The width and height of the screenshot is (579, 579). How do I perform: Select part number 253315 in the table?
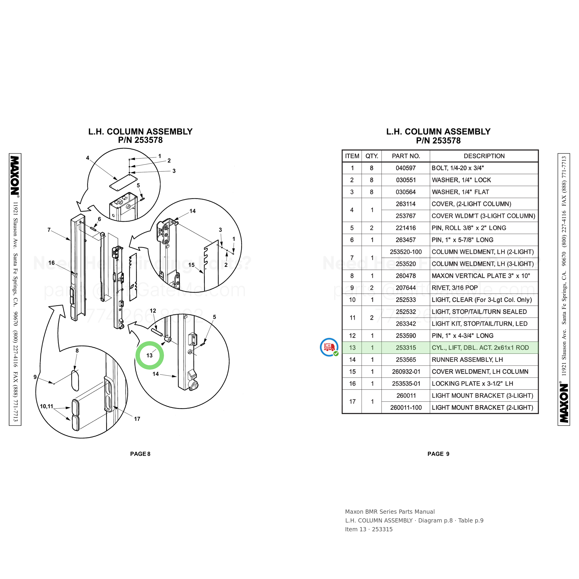pyautogui.click(x=406, y=348)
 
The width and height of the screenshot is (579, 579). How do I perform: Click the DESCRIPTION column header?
pyautogui.click(x=484, y=156)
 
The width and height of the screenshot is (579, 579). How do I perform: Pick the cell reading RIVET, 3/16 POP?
pyautogui.click(x=455, y=288)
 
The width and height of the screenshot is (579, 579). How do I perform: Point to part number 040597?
pyautogui.click(x=406, y=168)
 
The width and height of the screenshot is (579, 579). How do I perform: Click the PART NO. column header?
pyautogui.click(x=406, y=156)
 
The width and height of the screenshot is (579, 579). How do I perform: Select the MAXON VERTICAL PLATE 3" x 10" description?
pyautogui.click(x=481, y=276)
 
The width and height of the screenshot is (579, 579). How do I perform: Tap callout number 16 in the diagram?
pyautogui.click(x=52, y=263)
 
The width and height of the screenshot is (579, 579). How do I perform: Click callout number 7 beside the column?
pyautogui.click(x=49, y=230)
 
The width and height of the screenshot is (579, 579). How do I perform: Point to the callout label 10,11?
pyautogui.click(x=47, y=406)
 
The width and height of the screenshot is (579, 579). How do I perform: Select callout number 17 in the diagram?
pyautogui.click(x=137, y=419)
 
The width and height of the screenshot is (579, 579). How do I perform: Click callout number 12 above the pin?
pyautogui.click(x=153, y=311)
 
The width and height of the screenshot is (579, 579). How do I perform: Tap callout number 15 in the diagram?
pyautogui.click(x=192, y=265)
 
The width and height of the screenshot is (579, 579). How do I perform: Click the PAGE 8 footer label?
pyautogui.click(x=140, y=454)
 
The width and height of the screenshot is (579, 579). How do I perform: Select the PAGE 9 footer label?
pyautogui.click(x=438, y=454)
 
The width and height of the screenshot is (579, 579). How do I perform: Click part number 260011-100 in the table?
pyautogui.click(x=406, y=408)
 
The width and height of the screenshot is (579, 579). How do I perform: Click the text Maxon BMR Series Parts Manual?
pyautogui.click(x=390, y=512)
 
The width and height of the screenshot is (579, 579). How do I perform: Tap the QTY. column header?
pyautogui.click(x=372, y=156)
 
